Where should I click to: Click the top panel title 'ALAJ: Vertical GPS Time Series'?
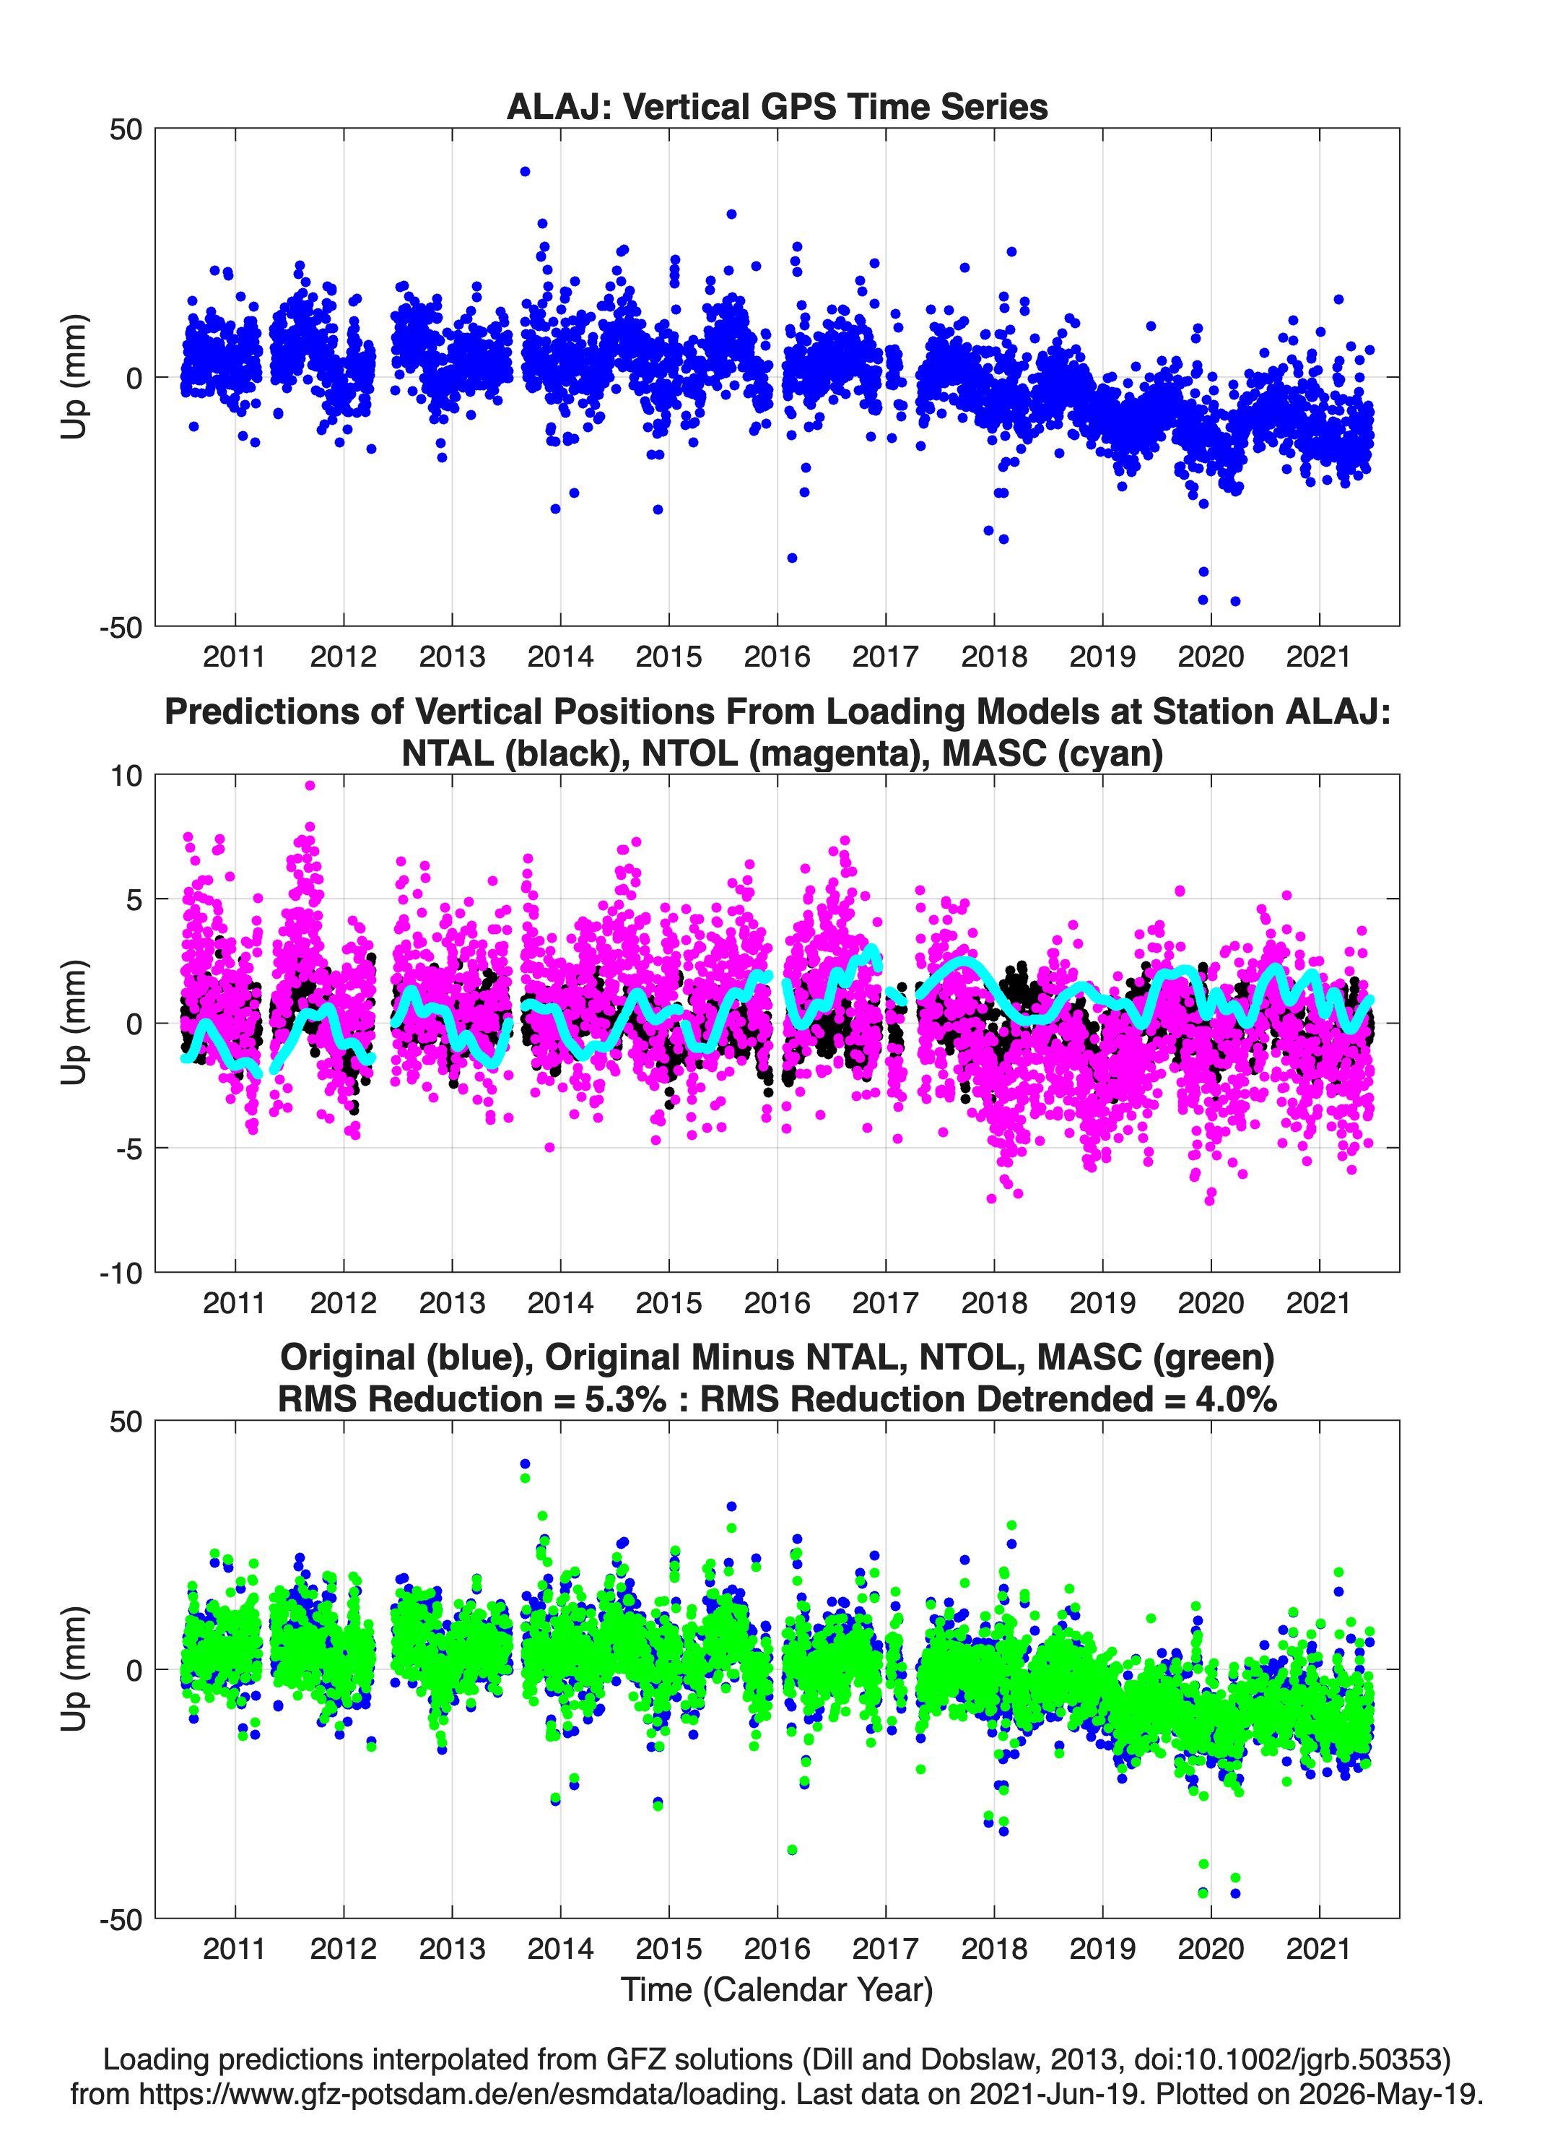click(x=777, y=106)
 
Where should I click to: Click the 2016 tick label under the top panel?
click(x=777, y=657)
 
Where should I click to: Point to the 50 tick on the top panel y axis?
click(x=126, y=129)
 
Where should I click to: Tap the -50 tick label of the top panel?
click(x=121, y=627)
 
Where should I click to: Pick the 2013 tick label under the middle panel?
click(x=452, y=1303)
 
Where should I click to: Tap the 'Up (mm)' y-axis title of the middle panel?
click(x=74, y=1023)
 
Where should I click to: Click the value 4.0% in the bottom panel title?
click(x=1236, y=1399)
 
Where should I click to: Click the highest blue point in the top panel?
click(x=525, y=172)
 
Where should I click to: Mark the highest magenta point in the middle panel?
click(x=310, y=785)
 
